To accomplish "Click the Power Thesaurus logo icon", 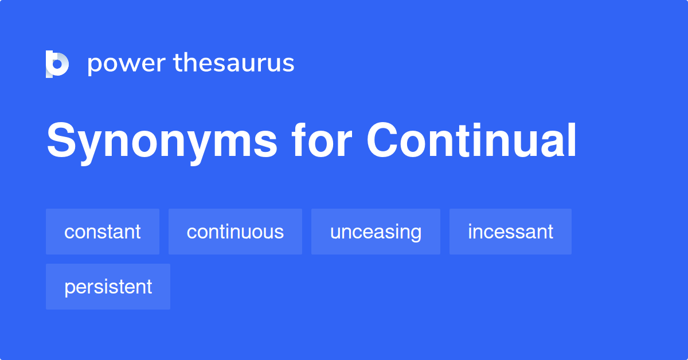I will point(57,64).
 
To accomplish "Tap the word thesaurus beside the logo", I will point(234,63).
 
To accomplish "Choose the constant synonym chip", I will point(103,232).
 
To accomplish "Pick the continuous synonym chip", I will point(235,232).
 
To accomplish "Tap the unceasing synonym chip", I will point(376,232).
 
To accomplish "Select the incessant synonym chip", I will point(510,232).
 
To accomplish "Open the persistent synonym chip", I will point(108,287).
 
